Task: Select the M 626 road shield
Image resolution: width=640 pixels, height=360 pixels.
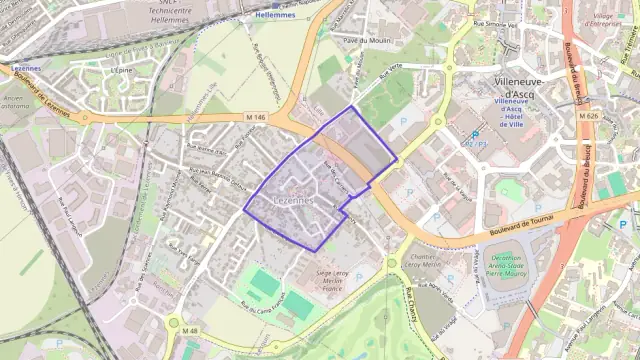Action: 588,116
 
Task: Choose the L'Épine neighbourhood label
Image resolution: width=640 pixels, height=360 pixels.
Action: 123,71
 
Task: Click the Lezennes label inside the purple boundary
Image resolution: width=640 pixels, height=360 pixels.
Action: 293,200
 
